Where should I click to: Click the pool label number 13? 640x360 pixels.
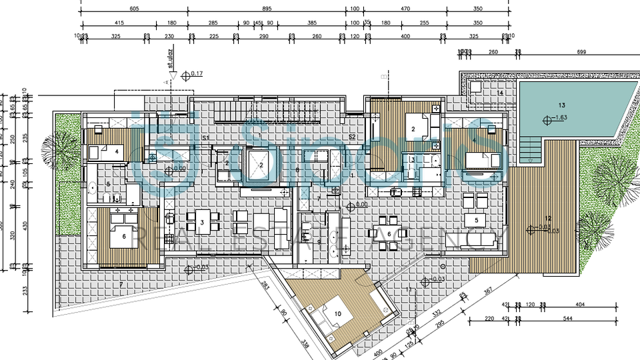pos(561,105)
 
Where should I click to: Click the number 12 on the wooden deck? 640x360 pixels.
pos(548,219)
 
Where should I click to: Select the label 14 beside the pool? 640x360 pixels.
pos(500,93)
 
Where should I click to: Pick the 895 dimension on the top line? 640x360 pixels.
pos(267,9)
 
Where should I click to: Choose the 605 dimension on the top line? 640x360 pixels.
pos(134,9)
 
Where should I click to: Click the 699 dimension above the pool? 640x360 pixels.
pos(581,51)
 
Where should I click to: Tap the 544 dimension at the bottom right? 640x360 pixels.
pos(567,319)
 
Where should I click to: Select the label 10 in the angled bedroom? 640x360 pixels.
pos(337,313)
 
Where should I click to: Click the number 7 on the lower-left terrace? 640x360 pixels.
pos(121,285)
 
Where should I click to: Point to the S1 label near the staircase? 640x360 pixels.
pos(207,137)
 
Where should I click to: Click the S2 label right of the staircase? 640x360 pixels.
pos(351,137)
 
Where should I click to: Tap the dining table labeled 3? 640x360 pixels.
pos(202,222)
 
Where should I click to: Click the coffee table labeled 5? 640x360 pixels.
pos(476,220)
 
